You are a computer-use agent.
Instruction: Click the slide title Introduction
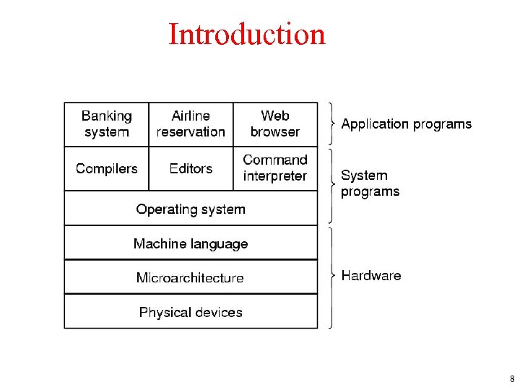(x=247, y=34)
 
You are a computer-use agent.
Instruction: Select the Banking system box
(x=106, y=124)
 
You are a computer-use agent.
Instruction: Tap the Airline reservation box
(x=191, y=124)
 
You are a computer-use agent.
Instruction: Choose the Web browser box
(x=275, y=124)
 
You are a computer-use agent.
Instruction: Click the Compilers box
(x=106, y=168)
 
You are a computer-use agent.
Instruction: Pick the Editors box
(x=191, y=168)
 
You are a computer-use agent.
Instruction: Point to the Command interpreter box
(x=275, y=168)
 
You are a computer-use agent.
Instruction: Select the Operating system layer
(x=191, y=209)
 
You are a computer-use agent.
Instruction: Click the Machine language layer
(x=191, y=243)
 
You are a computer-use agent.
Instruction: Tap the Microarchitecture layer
(x=191, y=277)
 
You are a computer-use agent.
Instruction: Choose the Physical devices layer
(x=191, y=312)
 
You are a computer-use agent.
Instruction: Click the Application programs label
(x=406, y=124)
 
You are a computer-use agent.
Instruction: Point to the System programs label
(x=370, y=183)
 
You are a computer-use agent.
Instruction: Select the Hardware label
(x=370, y=275)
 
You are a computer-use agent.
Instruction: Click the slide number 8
(x=511, y=378)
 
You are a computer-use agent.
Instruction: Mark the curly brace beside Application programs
(x=331, y=123)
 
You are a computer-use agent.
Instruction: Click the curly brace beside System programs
(x=331, y=185)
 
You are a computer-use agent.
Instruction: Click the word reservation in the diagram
(x=191, y=132)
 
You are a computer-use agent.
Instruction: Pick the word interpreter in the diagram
(x=275, y=176)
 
